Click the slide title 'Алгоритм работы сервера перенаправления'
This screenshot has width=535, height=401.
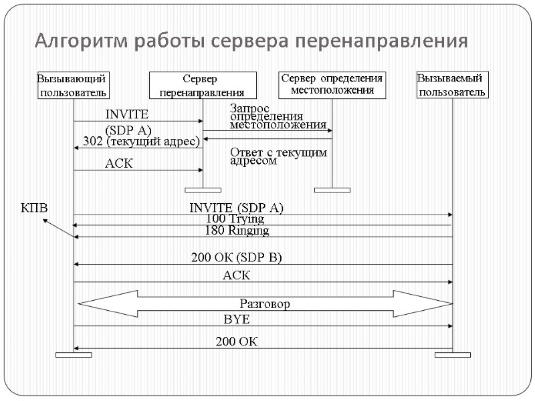(251, 41)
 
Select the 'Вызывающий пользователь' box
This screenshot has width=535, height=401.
(73, 85)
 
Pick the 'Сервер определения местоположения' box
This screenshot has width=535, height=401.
(332, 84)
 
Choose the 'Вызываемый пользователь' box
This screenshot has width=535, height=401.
(452, 85)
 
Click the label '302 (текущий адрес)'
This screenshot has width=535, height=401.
(141, 141)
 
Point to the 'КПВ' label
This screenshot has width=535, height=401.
(35, 207)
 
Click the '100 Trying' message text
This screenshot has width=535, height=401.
(235, 219)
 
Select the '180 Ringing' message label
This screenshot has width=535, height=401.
(237, 231)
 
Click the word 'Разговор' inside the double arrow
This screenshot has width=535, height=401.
(265, 304)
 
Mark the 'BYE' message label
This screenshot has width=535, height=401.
(236, 319)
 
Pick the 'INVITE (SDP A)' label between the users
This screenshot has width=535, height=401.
(236, 208)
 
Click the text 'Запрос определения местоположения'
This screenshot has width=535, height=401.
(278, 116)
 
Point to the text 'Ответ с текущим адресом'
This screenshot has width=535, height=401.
(278, 156)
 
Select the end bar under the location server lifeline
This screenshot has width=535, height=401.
(332, 190)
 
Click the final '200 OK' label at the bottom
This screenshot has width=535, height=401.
(236, 342)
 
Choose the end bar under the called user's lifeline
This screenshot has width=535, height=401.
(453, 354)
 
